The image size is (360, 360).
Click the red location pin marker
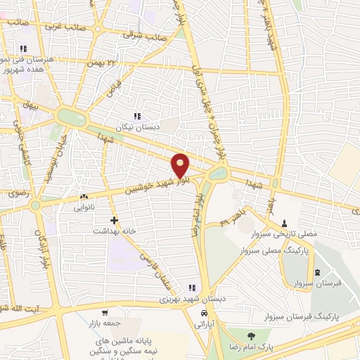[181, 165]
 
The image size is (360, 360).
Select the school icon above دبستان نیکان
[137, 116]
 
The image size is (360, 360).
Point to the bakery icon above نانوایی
[84, 197]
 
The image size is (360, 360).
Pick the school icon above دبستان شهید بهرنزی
[191, 287]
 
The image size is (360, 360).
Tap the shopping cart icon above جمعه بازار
[105, 313]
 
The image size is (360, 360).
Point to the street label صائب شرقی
[146, 34]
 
